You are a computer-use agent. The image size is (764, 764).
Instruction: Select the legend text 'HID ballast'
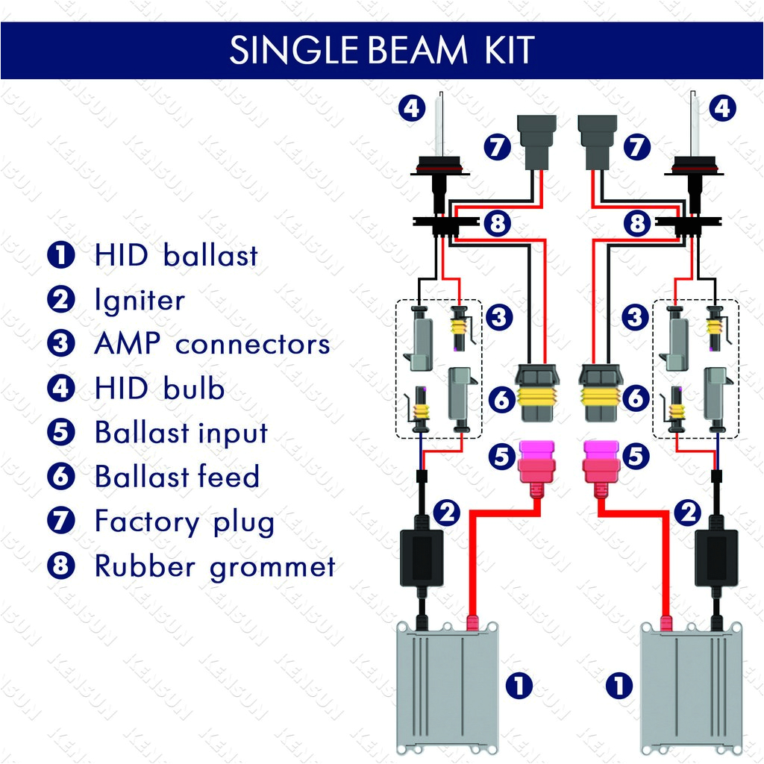(x=176, y=256)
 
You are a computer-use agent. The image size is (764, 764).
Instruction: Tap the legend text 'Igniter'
(x=140, y=301)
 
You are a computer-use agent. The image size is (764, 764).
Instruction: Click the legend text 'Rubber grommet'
(x=215, y=566)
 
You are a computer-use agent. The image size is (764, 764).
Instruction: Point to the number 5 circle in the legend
(x=61, y=433)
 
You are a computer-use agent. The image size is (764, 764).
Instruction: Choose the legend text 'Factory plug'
(x=184, y=522)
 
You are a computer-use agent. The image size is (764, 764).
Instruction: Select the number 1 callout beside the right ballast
(x=619, y=685)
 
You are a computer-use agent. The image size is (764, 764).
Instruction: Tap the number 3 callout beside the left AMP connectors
(x=499, y=318)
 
